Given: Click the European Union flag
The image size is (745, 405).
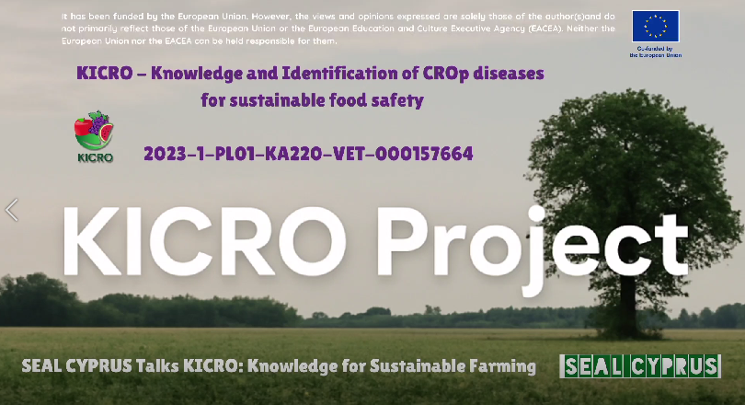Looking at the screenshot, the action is pyautogui.click(x=655, y=26).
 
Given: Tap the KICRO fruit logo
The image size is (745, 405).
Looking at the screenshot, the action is pyautogui.click(x=94, y=131).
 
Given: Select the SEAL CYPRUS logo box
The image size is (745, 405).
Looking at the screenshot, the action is pyautogui.click(x=640, y=366).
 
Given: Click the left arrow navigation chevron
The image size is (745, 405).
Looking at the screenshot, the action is pyautogui.click(x=12, y=210).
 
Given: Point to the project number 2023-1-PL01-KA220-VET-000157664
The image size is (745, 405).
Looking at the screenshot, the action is pyautogui.click(x=308, y=154).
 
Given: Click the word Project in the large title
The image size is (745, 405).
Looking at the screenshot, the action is pyautogui.click(x=533, y=246).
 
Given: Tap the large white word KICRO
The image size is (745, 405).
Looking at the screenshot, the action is pyautogui.click(x=205, y=241).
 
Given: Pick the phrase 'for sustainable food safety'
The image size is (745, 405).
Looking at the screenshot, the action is pyautogui.click(x=312, y=100).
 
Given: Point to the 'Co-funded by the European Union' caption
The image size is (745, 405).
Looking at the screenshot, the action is pyautogui.click(x=656, y=52).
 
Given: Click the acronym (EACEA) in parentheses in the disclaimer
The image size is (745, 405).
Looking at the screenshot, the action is pyautogui.click(x=545, y=29).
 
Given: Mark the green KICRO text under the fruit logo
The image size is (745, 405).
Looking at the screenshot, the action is pyautogui.click(x=95, y=157).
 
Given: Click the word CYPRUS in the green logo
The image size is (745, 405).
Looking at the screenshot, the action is pyautogui.click(x=676, y=366).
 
